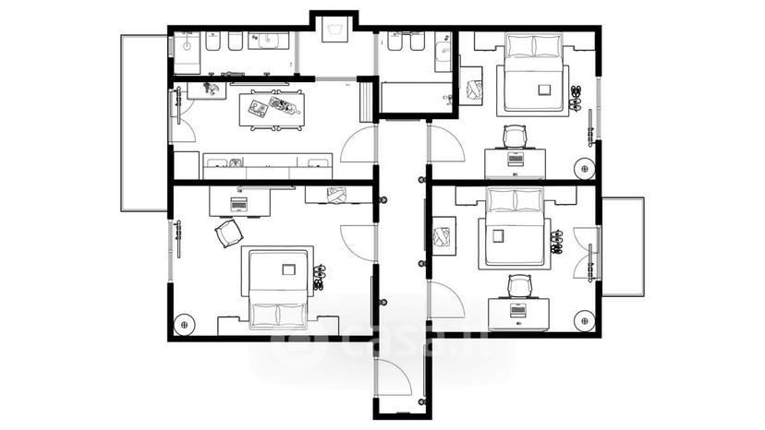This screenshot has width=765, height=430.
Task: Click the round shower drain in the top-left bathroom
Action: tap(187, 46)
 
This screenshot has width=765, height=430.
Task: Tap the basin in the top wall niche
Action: tap(334, 30)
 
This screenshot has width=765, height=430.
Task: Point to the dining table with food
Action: tap(272, 109)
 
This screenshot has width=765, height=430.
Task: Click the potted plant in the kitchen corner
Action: tap(211, 89)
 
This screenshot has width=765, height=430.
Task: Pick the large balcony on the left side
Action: tap(144, 123)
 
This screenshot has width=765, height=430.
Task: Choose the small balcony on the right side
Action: tap(623, 246)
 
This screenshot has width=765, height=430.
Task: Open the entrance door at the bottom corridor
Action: tap(394, 377)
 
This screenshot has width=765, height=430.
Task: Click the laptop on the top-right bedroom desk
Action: tap(516, 158)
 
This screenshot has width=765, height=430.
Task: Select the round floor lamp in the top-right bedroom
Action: tap(584, 169)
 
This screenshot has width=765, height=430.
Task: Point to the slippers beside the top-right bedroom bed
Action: tap(577, 97)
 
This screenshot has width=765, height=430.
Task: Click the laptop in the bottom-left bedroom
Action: tap(238, 204)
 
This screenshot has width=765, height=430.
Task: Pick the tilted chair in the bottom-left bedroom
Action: tap(229, 233)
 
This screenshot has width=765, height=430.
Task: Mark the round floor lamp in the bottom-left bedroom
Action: tap(185, 324)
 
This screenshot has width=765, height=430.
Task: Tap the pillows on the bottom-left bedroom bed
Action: tap(278, 315)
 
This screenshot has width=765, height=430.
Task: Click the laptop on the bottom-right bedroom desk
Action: tap(517, 309)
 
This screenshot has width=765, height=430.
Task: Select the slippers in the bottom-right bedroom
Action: tap(556, 243)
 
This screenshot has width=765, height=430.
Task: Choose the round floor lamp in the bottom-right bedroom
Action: tap(585, 320)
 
